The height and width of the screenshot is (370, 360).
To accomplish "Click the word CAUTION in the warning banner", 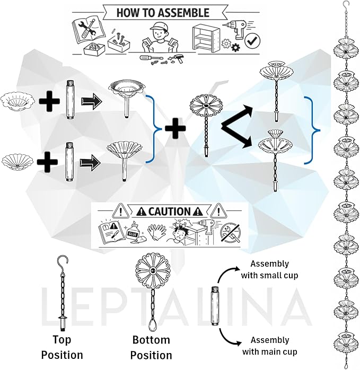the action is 169,212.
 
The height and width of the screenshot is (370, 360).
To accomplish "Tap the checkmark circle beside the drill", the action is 252,41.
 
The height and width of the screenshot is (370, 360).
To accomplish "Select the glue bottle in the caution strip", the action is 134,232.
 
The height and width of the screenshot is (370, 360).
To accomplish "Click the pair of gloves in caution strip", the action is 157,232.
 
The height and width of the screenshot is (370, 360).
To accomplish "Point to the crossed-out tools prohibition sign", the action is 230,233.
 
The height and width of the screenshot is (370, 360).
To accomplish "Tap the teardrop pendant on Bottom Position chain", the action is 152,326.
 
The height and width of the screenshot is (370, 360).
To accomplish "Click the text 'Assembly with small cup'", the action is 269,269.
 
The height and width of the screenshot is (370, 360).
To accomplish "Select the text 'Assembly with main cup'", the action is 269,346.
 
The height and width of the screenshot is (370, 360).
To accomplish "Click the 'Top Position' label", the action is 62,347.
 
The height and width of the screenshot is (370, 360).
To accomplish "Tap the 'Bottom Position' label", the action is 151,348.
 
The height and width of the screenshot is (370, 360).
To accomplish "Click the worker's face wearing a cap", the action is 157,31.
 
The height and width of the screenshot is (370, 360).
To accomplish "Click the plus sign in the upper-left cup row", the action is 49,101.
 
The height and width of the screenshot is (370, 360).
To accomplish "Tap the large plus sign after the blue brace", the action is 175,128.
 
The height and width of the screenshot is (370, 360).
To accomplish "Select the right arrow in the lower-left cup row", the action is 90,163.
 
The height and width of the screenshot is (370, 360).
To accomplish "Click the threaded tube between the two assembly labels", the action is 214,306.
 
